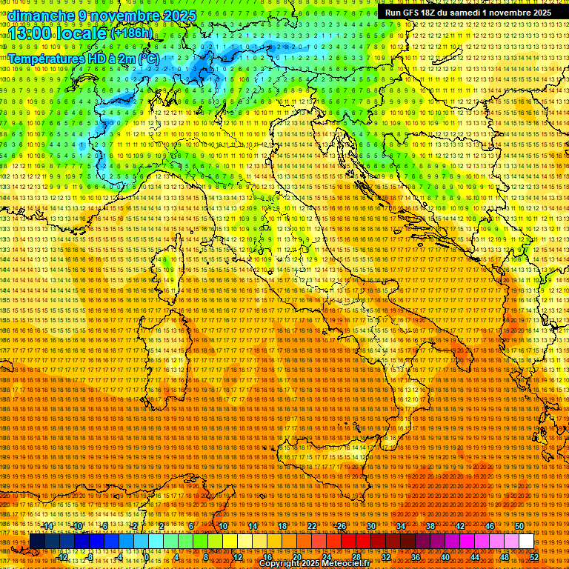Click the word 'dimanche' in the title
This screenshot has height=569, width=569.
[41, 16]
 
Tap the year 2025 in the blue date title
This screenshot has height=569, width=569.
[178, 16]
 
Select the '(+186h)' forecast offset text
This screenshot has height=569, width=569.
[132, 33]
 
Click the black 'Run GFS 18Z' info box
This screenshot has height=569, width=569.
[468, 13]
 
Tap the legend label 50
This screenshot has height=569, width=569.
[519, 526]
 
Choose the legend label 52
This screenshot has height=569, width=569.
[533, 557]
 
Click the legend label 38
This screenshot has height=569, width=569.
[430, 526]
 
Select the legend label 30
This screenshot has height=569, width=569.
[370, 526]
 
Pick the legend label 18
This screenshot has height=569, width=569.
[282, 526]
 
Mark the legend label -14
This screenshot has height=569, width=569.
[47, 526]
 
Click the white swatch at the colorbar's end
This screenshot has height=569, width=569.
[526, 542]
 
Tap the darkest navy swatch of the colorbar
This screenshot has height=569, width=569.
[37, 542]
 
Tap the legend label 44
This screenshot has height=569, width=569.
[474, 557]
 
